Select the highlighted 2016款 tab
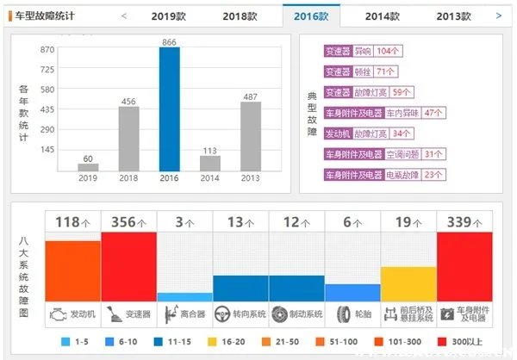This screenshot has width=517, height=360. [x=311, y=16]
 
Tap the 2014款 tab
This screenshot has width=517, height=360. [x=382, y=16]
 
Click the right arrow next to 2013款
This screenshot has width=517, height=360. [x=498, y=16]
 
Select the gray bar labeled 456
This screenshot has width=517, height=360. [x=128, y=138]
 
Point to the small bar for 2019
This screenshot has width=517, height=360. [x=88, y=167]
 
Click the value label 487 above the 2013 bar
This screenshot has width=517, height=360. [x=250, y=96]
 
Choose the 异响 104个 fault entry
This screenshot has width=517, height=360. [x=376, y=51]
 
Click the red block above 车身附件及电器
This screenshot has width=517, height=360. [x=464, y=266]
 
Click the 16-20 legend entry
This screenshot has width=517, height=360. [x=227, y=342]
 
